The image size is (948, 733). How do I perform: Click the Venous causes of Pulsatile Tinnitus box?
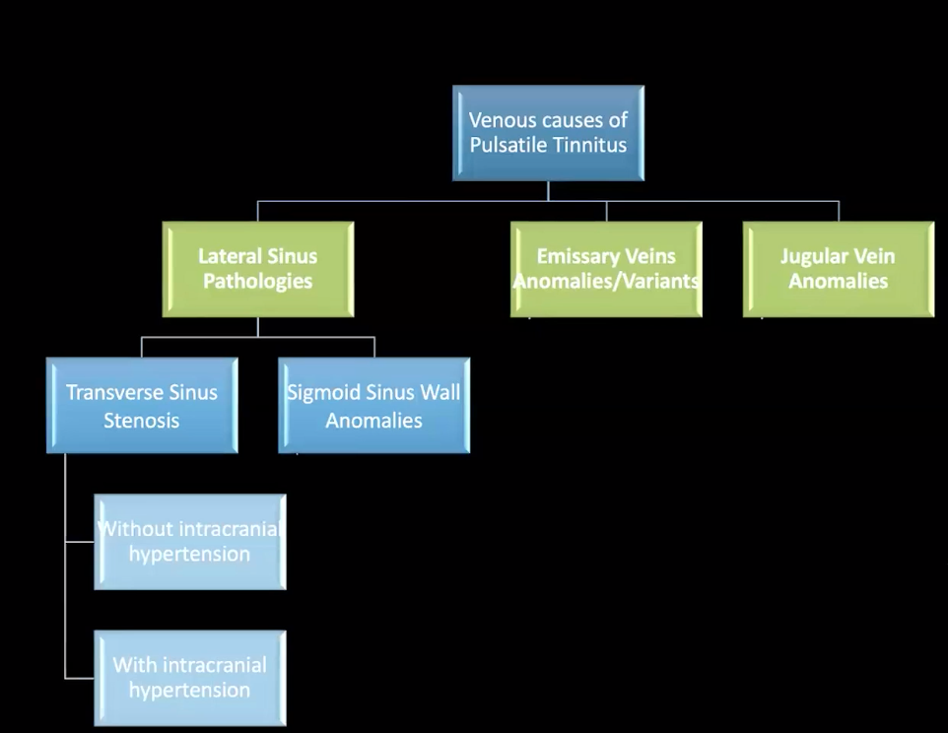548,133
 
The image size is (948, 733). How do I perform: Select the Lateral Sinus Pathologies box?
257,268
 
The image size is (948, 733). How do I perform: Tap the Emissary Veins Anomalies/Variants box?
606,268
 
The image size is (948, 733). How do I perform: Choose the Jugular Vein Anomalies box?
838,268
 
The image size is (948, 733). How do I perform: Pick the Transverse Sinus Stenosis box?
142,405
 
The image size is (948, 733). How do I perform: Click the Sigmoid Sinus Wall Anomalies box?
373,405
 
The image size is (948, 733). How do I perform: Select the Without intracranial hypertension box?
190,541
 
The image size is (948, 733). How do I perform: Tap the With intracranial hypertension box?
190,677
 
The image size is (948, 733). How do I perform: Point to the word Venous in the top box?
499,120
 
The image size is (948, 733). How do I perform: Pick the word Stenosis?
142,421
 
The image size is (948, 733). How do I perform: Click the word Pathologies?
257,282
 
